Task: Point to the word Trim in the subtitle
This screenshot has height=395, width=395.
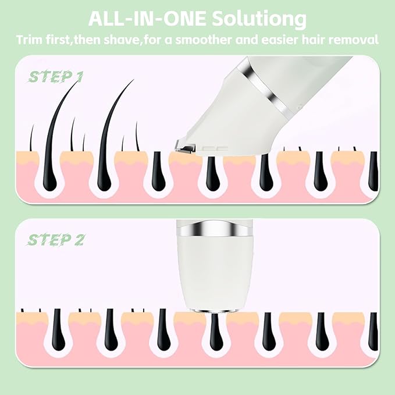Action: point(29,40)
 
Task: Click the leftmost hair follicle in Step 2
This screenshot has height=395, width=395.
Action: point(56,334)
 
